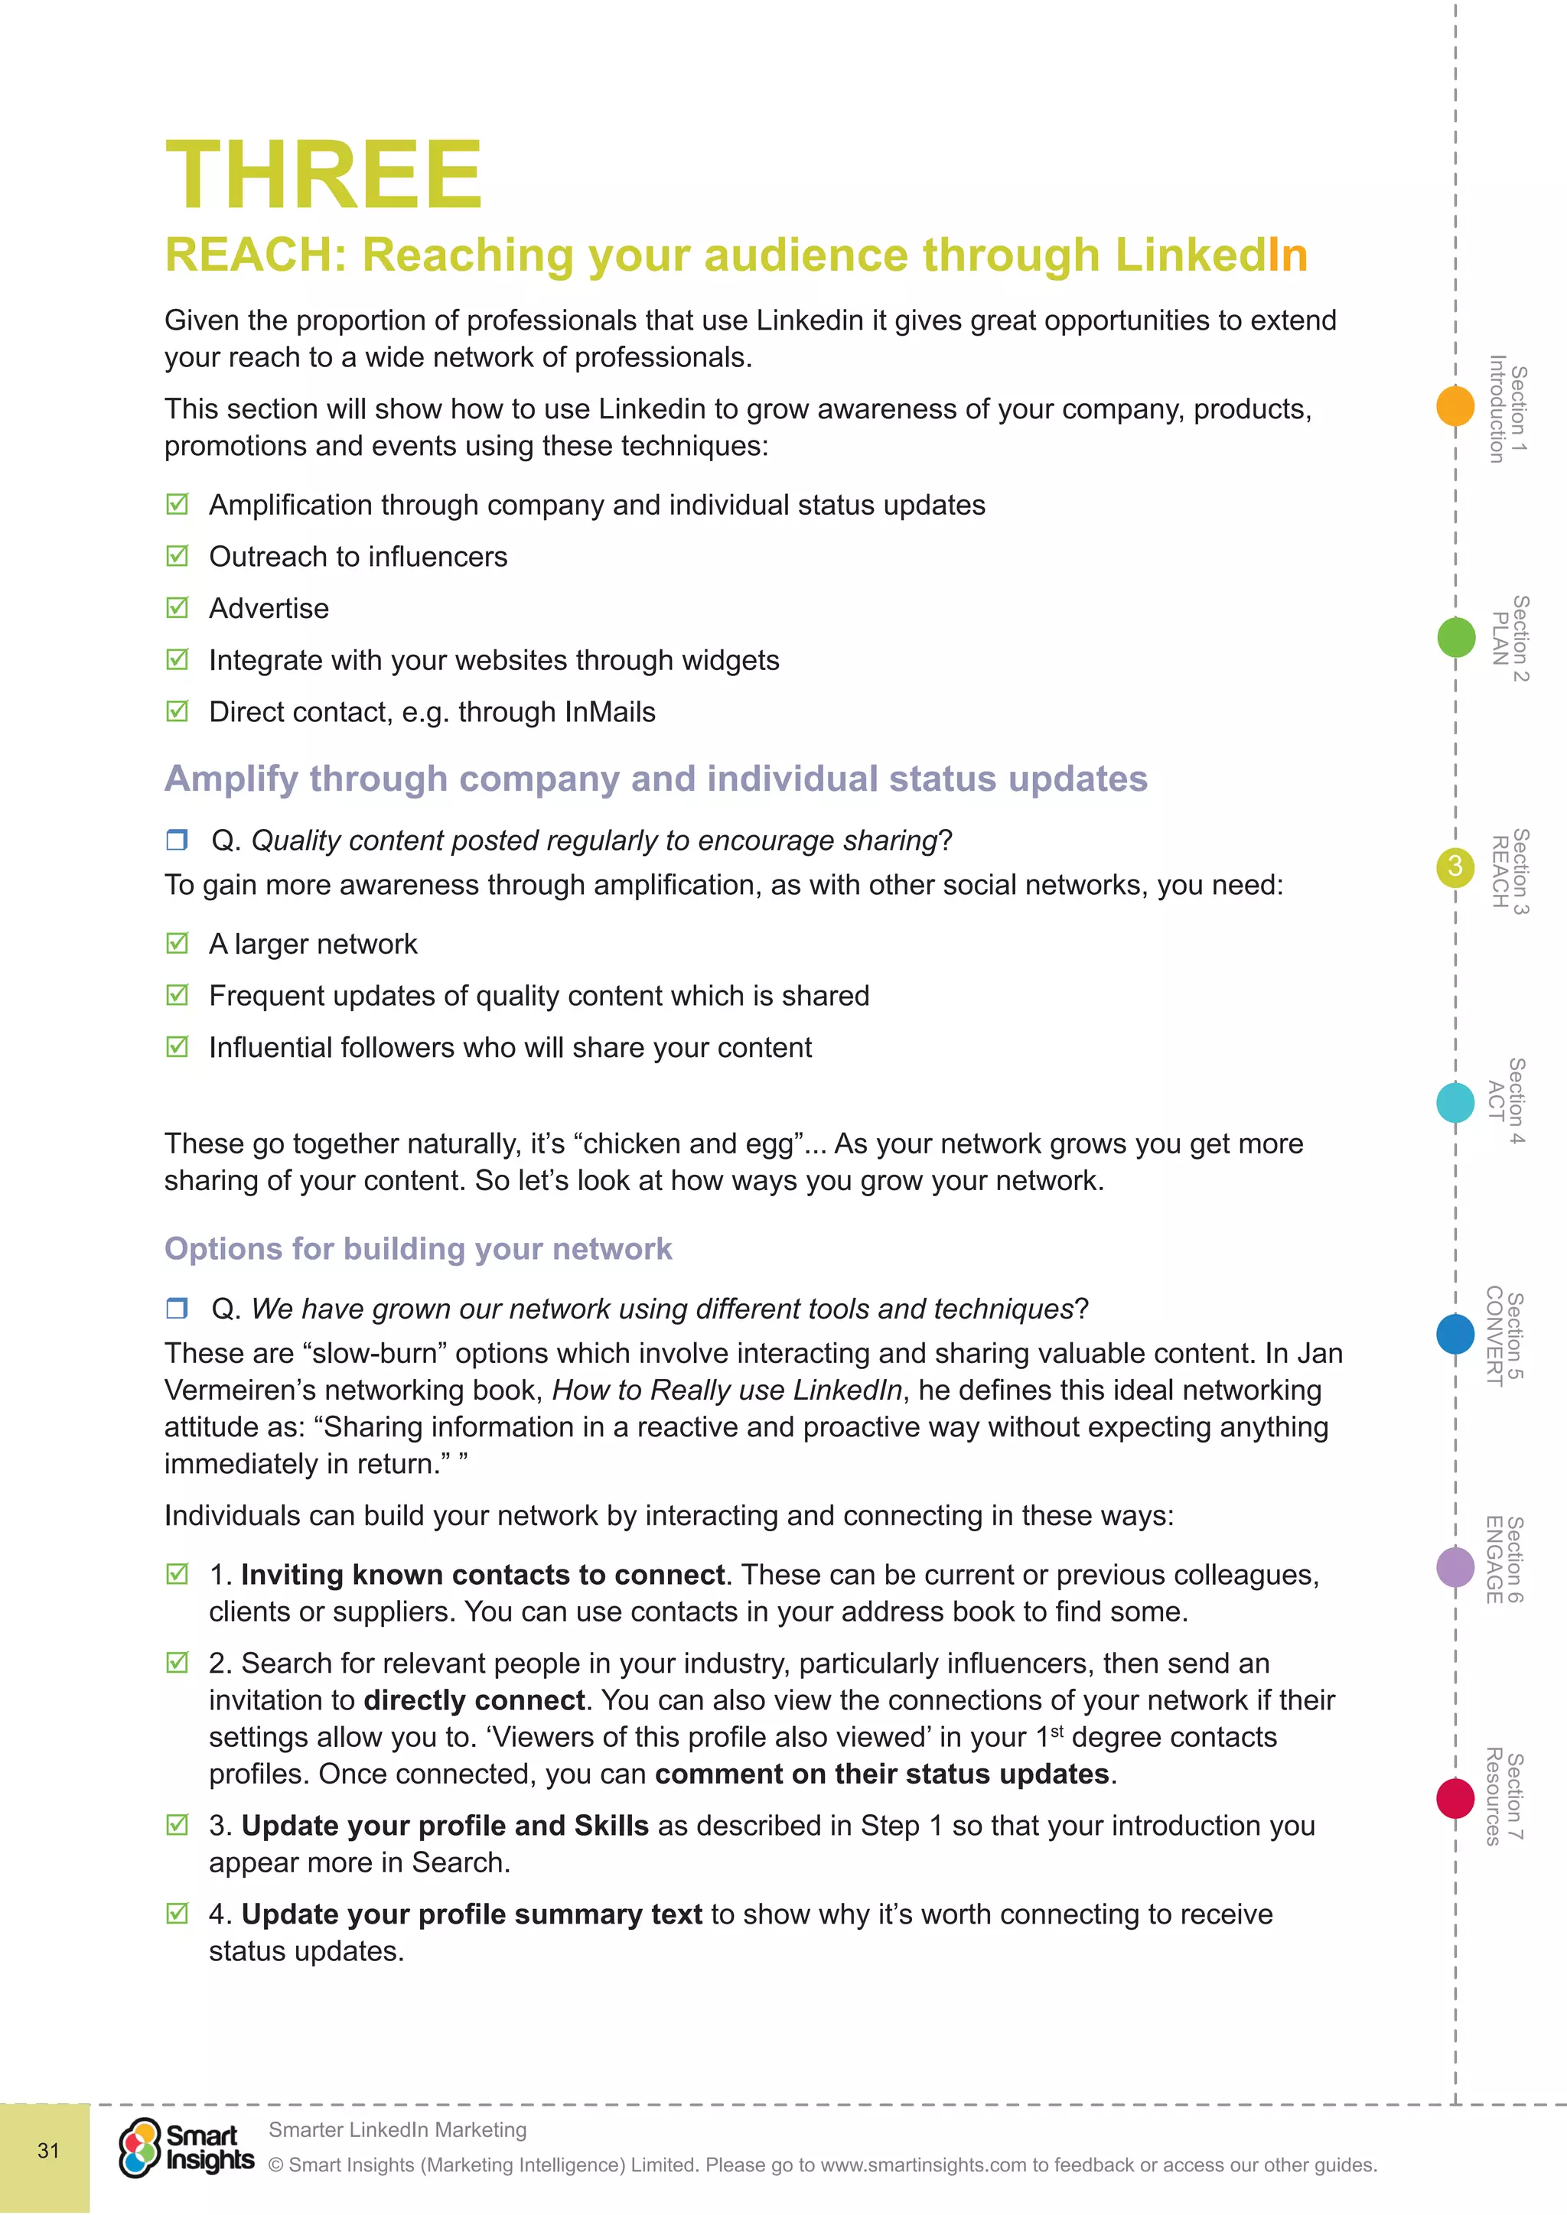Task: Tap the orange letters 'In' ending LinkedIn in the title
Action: pos(1287,255)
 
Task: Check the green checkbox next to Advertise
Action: pos(177,608)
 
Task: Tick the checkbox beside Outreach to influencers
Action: pos(177,556)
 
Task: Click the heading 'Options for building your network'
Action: pos(418,1248)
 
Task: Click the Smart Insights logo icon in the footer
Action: pos(140,2148)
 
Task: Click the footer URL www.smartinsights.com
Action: pos(924,2165)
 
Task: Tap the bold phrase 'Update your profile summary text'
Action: pos(472,1914)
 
